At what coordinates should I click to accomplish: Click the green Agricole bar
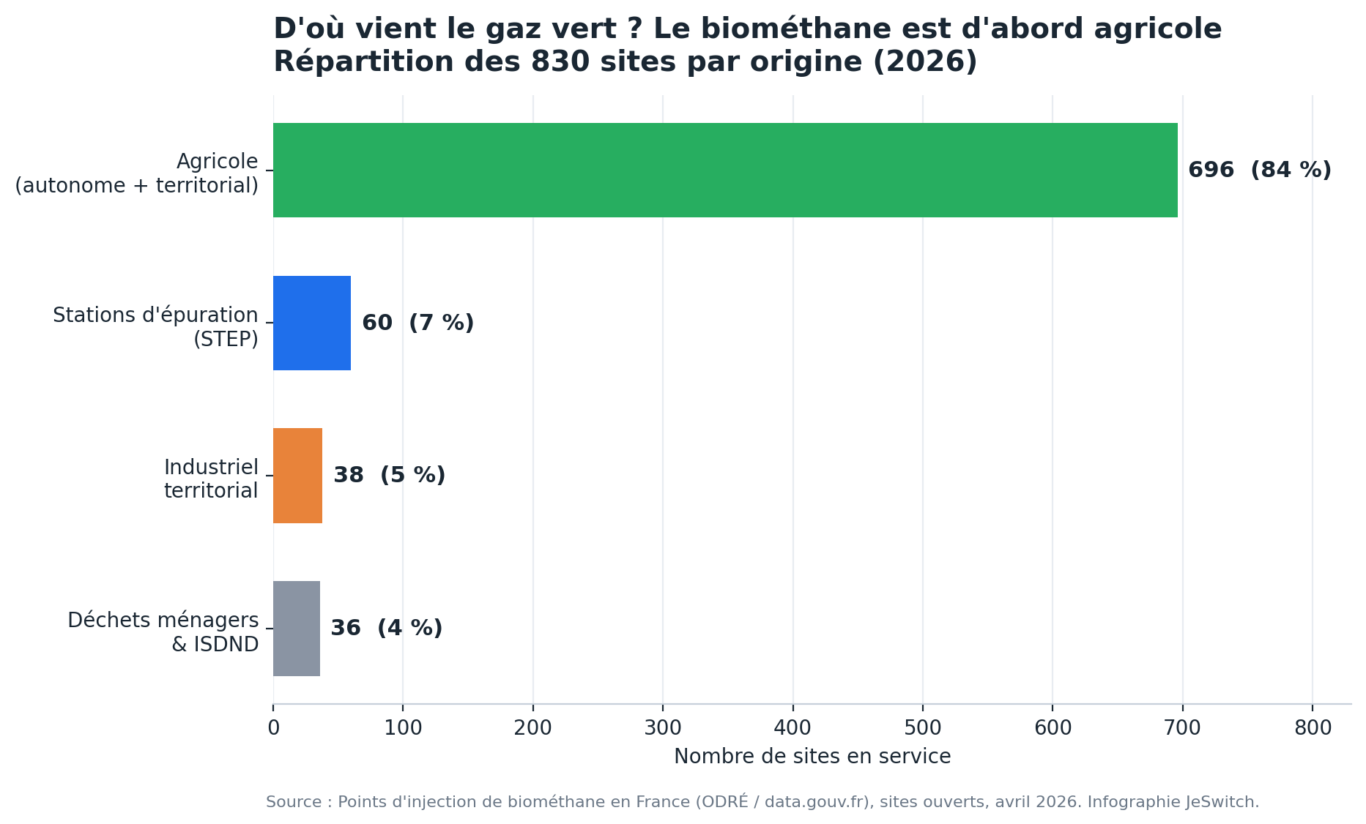[725, 170]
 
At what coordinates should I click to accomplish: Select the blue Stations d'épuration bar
[312, 323]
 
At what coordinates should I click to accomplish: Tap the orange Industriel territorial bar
[297, 476]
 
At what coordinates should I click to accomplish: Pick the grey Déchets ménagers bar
[297, 629]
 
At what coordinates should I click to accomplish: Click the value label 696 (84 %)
[1260, 170]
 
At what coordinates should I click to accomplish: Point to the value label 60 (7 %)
[418, 323]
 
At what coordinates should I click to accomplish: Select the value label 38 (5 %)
[390, 476]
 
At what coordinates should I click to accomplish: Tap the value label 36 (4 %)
[387, 629]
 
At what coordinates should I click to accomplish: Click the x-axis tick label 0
[273, 728]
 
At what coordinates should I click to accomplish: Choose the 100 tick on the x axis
[403, 728]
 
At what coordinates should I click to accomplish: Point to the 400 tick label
[792, 728]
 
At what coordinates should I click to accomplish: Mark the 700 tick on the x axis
[1183, 728]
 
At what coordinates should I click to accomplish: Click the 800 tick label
[1313, 728]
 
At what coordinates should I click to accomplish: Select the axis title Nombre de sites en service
[812, 757]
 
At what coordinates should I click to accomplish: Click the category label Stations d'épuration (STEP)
[155, 327]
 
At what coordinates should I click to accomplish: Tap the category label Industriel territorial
[211, 479]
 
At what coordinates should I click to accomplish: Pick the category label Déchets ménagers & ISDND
[163, 632]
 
